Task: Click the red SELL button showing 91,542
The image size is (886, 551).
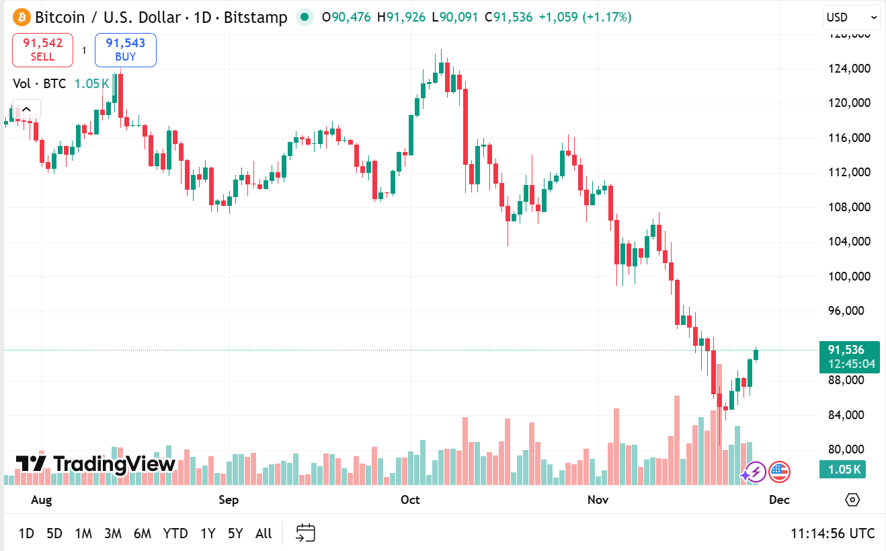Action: pyautogui.click(x=42, y=50)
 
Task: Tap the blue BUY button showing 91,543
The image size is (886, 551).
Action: pyautogui.click(x=126, y=50)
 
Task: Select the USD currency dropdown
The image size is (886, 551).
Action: pyautogui.click(x=851, y=17)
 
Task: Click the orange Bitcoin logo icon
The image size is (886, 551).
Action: pyautogui.click(x=22, y=17)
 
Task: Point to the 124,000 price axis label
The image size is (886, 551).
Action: pyautogui.click(x=850, y=69)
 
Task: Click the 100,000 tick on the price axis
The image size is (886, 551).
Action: pyautogui.click(x=850, y=277)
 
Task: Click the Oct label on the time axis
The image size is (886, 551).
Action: pyautogui.click(x=410, y=500)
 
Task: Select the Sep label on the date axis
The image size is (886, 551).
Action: pyautogui.click(x=229, y=500)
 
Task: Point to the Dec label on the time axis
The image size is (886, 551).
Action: pyautogui.click(x=778, y=500)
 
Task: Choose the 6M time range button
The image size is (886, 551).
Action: pyautogui.click(x=142, y=534)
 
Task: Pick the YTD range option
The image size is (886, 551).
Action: pyautogui.click(x=175, y=534)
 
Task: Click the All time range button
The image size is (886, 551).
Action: pyautogui.click(x=264, y=534)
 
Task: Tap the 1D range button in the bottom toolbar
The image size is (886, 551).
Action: pyautogui.click(x=26, y=534)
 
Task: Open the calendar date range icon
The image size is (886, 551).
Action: pyautogui.click(x=306, y=534)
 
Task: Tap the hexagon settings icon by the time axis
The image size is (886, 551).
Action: pyautogui.click(x=852, y=500)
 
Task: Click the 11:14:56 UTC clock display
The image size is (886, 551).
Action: pyautogui.click(x=832, y=534)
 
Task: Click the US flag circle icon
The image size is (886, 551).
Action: pyautogui.click(x=779, y=472)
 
